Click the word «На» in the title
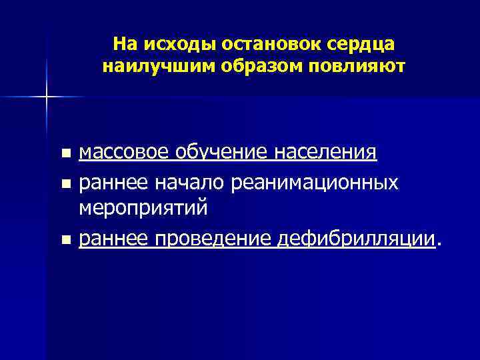point(125,44)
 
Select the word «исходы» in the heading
point(172,44)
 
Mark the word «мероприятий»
point(143,208)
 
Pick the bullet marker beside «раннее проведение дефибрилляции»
point(65,239)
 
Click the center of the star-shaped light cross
point(47,97)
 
